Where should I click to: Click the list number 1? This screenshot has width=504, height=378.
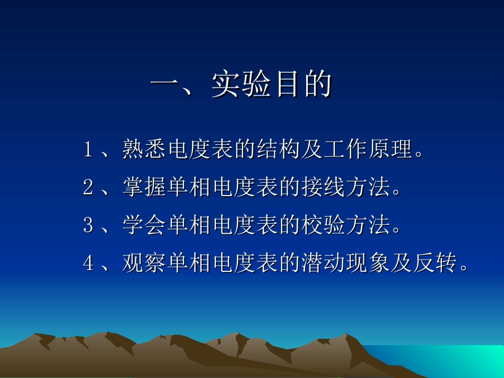tap(88, 150)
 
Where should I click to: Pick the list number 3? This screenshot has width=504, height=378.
tap(88, 226)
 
